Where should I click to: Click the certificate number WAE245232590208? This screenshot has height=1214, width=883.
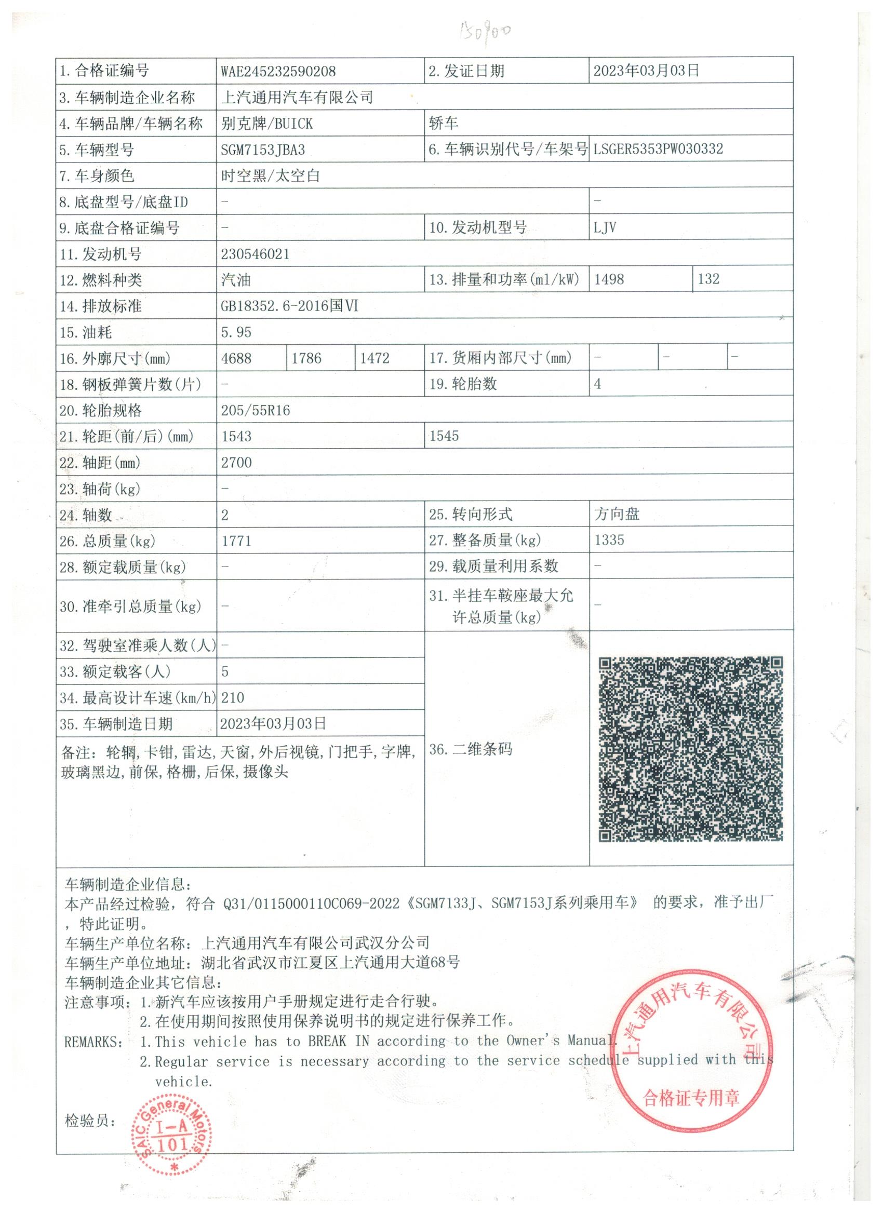278,71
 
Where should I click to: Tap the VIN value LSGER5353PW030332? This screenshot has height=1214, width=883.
658,149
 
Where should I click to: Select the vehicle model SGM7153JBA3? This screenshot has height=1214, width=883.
262,150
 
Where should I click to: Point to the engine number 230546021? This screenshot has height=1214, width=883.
255,254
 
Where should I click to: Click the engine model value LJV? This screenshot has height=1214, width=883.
605,227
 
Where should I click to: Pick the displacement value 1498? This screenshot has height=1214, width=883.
609,279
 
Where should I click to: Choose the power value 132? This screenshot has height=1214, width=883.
708,279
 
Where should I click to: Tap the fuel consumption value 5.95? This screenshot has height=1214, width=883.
236,332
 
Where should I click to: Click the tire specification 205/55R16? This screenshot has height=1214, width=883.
256,411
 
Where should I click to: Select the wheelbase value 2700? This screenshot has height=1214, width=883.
236,463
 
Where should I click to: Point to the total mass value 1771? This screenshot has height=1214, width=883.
236,541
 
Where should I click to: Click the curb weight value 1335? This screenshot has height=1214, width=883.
609,540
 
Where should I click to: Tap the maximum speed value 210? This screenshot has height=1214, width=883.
232,698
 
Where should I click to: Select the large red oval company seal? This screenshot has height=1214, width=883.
692,1057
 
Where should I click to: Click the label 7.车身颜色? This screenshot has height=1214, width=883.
97,176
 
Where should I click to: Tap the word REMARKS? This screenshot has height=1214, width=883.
92,1042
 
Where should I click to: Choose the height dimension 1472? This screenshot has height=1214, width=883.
374,358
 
